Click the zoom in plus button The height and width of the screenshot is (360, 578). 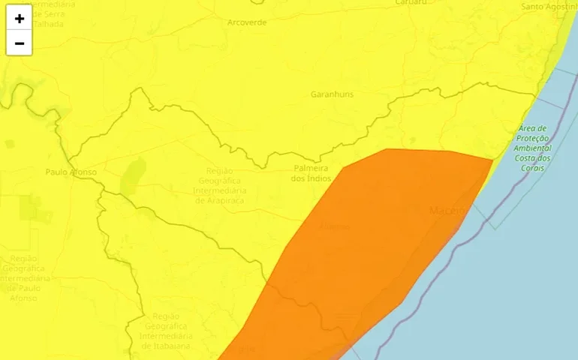coord(19,19)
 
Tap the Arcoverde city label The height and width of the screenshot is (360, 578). coord(247,22)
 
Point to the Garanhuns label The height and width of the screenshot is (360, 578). coord(332,94)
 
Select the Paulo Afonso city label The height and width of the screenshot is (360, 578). coord(71,172)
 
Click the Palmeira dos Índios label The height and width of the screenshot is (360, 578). coord(311,173)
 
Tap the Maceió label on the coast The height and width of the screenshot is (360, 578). coord(448,211)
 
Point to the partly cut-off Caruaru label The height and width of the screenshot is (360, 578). coord(412,2)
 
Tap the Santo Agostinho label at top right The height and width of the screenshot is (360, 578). coord(549,7)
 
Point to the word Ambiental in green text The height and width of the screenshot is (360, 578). coord(534,148)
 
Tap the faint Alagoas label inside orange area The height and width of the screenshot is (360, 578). coord(335,226)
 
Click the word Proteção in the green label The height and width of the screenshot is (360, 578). coord(534,139)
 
